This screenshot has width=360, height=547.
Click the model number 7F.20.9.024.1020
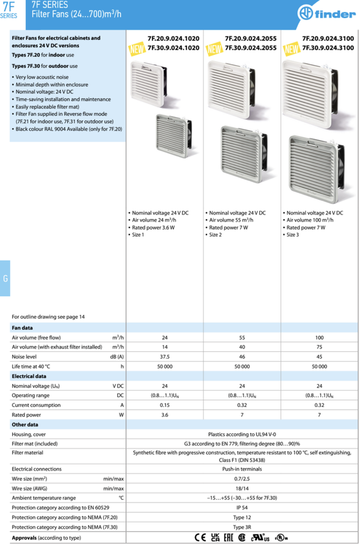click(x=174, y=38)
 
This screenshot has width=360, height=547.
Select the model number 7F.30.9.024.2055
click(x=251, y=48)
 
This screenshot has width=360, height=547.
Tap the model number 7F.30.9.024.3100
click(x=328, y=48)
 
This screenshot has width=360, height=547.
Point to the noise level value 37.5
click(x=165, y=357)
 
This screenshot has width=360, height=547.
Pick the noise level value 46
click(x=242, y=357)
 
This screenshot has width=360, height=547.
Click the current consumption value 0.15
click(x=165, y=405)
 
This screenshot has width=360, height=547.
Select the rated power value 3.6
click(x=165, y=415)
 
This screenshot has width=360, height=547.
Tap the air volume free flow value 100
click(x=319, y=338)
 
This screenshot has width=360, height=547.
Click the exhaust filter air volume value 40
click(x=242, y=347)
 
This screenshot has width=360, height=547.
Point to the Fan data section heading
click(x=22, y=328)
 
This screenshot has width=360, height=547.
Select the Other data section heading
click(x=25, y=425)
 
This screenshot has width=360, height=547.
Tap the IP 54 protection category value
click(x=242, y=507)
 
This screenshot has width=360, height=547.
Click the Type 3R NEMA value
click(x=242, y=527)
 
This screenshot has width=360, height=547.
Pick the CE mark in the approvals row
click(x=200, y=537)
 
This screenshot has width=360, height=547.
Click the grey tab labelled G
click(x=5, y=278)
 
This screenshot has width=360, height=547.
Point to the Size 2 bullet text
click(x=216, y=235)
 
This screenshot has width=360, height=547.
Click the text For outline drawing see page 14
click(x=48, y=317)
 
